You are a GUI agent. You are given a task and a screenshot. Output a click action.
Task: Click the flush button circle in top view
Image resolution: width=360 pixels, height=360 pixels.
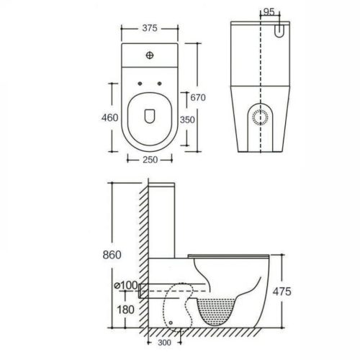coord(150,54)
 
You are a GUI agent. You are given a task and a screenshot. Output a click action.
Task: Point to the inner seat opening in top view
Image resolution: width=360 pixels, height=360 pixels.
coord(150,120)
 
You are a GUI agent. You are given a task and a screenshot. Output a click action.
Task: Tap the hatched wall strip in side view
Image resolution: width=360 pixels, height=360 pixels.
coord(145,259)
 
